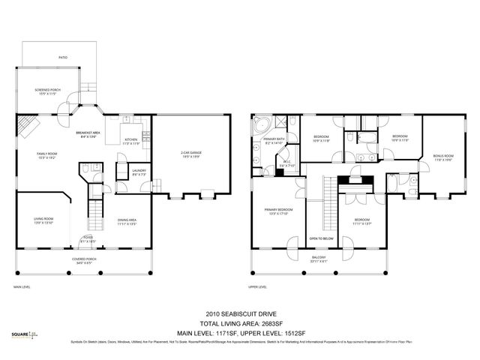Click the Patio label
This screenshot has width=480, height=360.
click(63, 56)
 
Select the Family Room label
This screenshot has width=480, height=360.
click(46, 154)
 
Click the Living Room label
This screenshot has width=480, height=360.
click(42, 221)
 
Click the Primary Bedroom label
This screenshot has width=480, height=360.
click(277, 211)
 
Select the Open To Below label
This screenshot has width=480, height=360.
click(320, 238)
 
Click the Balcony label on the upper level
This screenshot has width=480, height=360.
click(319, 259)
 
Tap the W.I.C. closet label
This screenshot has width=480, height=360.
click(286, 163)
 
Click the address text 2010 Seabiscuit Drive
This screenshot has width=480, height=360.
click(240, 314)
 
